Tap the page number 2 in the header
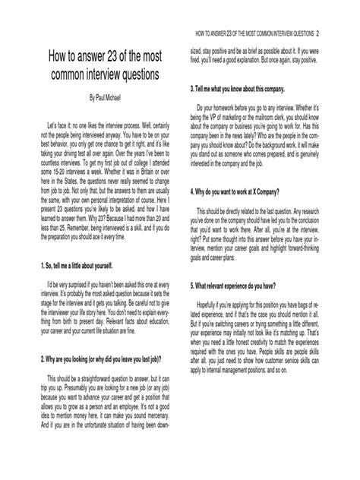319,33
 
